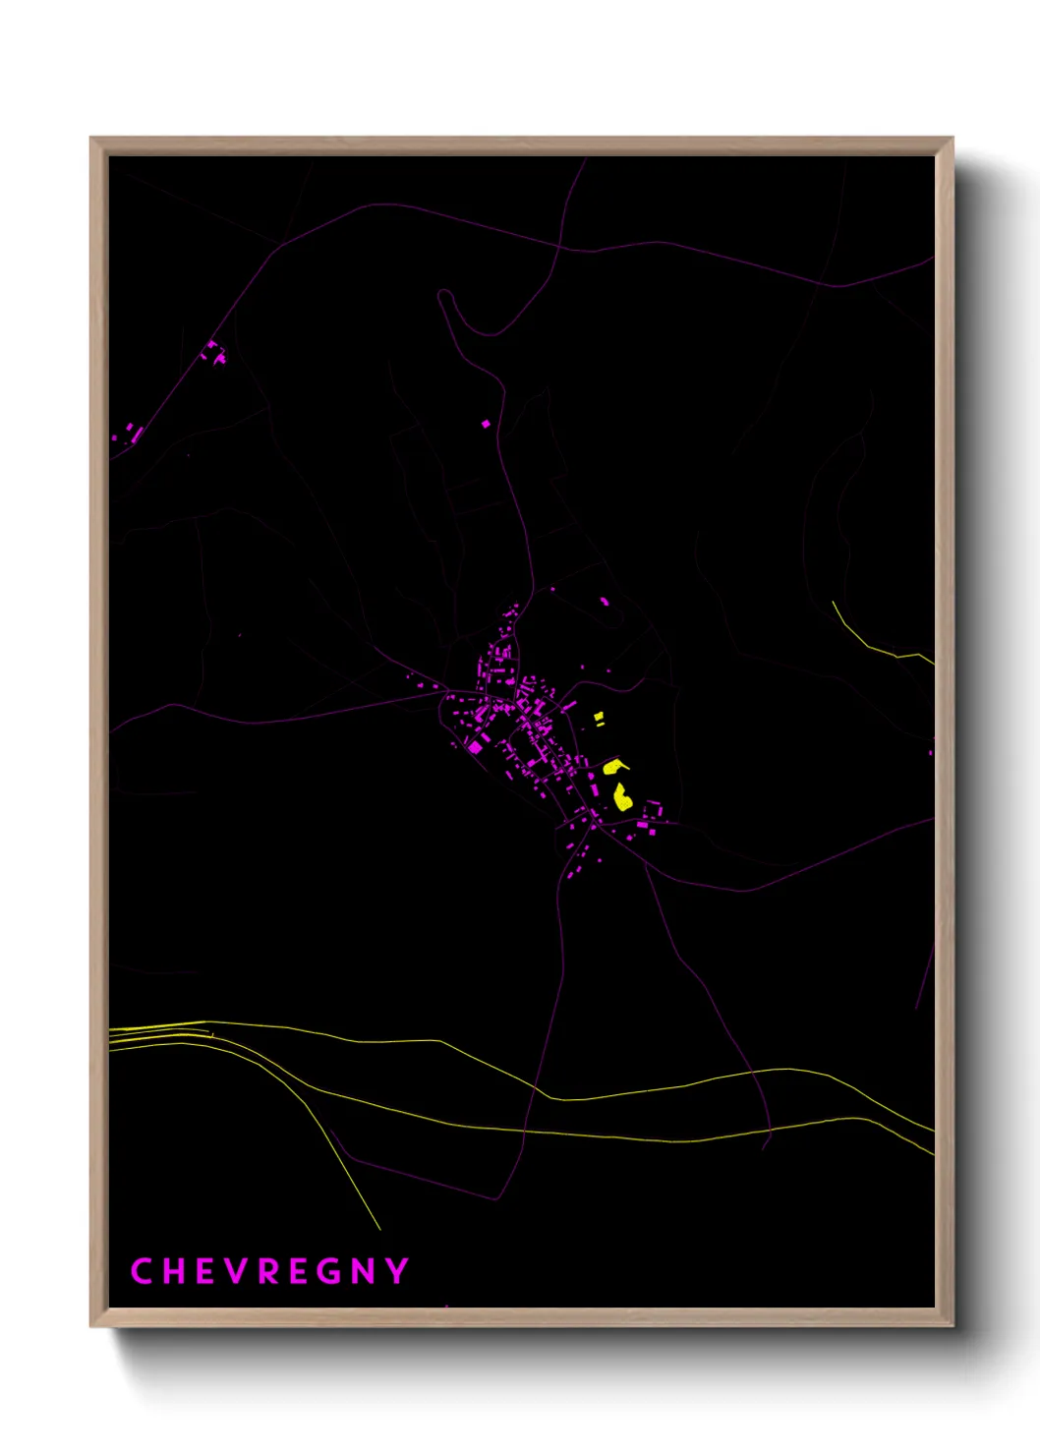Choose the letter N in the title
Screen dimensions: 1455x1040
364,1271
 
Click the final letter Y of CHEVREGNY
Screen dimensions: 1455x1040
397,1271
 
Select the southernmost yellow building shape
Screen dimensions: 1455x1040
622,797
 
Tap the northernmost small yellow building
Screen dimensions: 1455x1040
599,718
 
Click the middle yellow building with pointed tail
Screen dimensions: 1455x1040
613,766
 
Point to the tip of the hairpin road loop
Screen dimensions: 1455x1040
444,294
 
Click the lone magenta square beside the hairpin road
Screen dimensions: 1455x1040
486,424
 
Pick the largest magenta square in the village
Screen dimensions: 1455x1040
476,747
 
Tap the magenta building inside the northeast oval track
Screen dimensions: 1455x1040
605,601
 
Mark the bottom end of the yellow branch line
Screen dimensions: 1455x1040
379,1228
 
